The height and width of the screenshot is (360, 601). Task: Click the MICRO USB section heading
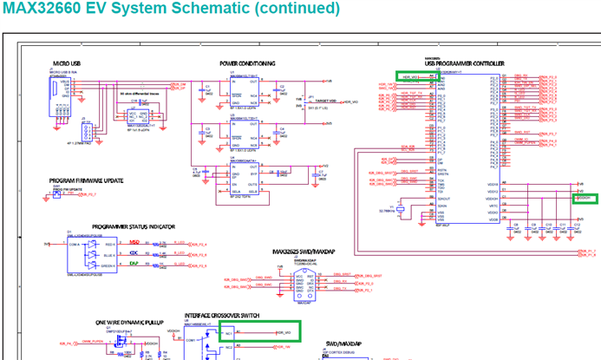click(x=67, y=63)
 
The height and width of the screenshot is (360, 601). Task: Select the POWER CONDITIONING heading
click(x=247, y=63)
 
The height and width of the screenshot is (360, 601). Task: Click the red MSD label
click(x=134, y=242)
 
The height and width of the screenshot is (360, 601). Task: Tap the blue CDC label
click(x=134, y=252)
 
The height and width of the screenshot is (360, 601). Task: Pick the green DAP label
click(x=134, y=263)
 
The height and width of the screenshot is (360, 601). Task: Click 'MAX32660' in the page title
click(x=41, y=9)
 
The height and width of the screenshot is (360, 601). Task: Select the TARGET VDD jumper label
click(x=328, y=101)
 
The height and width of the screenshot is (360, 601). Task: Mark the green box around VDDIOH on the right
click(x=585, y=198)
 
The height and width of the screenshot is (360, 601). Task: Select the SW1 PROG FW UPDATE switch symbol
click(x=57, y=194)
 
